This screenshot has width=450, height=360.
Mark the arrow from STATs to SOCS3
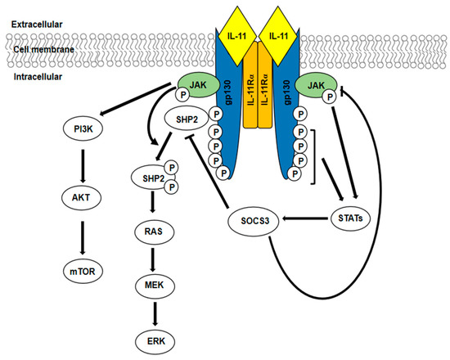(304, 218)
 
